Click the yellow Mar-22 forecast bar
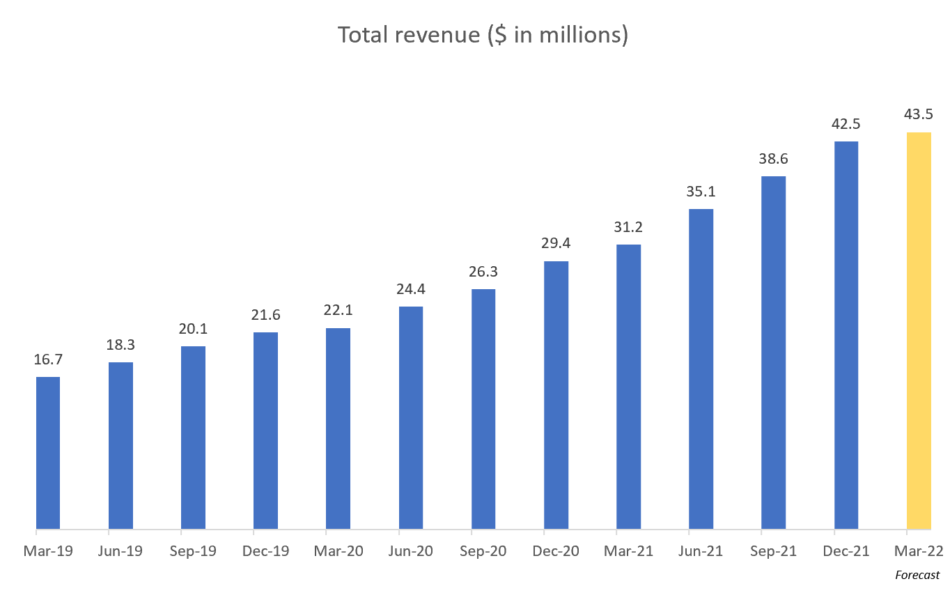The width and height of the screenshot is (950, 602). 919,331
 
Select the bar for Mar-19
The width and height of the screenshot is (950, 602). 48,453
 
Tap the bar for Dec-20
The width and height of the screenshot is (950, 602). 556,395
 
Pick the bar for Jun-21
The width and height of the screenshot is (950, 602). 701,369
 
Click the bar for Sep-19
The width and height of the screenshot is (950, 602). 193,438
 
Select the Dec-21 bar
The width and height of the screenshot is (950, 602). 846,335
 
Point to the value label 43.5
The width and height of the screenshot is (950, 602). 919,114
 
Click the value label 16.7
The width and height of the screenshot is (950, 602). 48,360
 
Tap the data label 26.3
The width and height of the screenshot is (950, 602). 483,272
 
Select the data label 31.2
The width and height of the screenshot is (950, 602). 628,227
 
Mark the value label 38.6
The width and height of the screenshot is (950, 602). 774,159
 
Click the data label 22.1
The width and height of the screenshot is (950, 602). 338,311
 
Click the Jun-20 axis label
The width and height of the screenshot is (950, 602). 410,551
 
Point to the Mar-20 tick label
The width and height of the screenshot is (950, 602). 338,551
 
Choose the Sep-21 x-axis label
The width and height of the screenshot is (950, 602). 774,551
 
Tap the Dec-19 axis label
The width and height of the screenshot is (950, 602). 265,551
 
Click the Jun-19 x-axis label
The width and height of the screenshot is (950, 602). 120,551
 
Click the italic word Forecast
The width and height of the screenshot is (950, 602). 917,576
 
